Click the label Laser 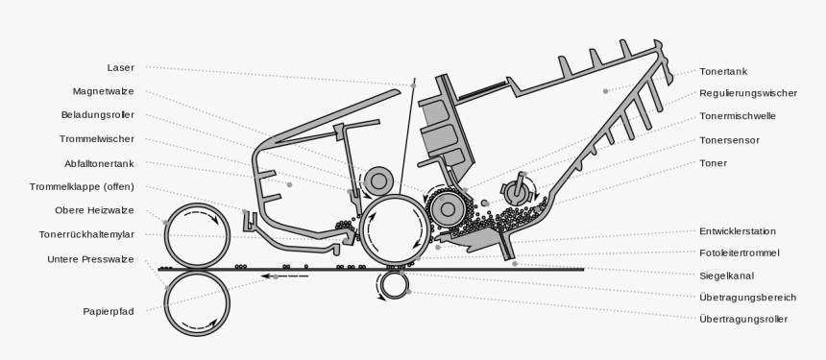pyautogui.click(x=120, y=68)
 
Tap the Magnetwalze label pyautogui.click(x=103, y=91)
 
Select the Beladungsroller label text pyautogui.click(x=98, y=115)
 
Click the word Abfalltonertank pyautogui.click(x=99, y=162)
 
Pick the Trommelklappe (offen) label pyautogui.click(x=87, y=186)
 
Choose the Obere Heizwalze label pyautogui.click(x=94, y=210)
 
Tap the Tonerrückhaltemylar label pyautogui.click(x=86, y=234)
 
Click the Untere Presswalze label pyautogui.click(x=90, y=259)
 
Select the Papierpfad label pyautogui.click(x=108, y=311)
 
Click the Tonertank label pyautogui.click(x=723, y=72)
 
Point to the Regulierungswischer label pyautogui.click(x=748, y=94)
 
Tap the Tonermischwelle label pyautogui.click(x=738, y=116)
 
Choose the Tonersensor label pyautogui.click(x=729, y=140)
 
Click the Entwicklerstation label pyautogui.click(x=738, y=231)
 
